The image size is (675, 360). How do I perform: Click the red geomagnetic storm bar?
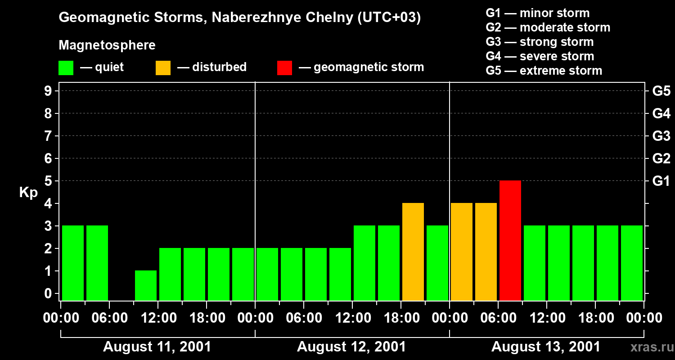click(510, 240)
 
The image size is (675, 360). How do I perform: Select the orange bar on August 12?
click(413, 252)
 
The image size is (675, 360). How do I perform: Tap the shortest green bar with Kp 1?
click(145, 285)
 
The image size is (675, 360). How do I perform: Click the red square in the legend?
click(284, 67)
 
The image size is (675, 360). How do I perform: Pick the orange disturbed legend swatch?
click(163, 67)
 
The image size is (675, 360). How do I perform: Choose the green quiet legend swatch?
click(66, 67)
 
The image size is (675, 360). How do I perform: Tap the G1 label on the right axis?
click(661, 181)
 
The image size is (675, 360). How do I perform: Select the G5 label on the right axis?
click(661, 91)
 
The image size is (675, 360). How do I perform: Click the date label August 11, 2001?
click(157, 347)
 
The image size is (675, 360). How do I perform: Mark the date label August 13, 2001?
click(545, 347)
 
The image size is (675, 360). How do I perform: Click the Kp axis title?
click(28, 193)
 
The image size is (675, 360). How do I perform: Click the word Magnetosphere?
click(107, 45)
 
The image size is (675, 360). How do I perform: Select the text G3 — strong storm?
click(540, 42)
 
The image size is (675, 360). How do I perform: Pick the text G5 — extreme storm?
click(544, 71)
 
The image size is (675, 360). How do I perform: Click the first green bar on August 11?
click(72, 263)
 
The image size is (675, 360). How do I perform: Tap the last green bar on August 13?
click(631, 263)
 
